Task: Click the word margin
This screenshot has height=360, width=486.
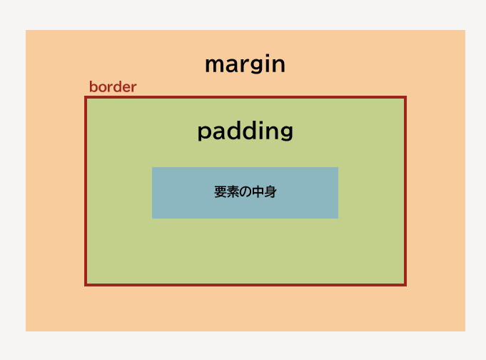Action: tap(245, 64)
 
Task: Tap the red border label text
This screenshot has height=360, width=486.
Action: tap(113, 87)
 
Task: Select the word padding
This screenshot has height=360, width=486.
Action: tap(245, 131)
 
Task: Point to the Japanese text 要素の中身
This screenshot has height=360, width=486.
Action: tap(245, 192)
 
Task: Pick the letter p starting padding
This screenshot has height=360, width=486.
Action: tap(203, 133)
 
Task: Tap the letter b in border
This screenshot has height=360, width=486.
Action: tap(94, 86)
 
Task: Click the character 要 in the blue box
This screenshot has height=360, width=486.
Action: tap(221, 192)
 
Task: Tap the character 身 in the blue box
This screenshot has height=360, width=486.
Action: tap(270, 192)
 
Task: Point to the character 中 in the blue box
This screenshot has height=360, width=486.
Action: tap(258, 192)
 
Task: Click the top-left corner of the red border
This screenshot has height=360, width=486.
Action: tap(85, 96)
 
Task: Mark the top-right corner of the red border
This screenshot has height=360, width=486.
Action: tap(406, 96)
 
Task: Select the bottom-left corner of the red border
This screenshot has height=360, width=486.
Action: tap(85, 286)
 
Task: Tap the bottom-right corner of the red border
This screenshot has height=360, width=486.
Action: tap(406, 286)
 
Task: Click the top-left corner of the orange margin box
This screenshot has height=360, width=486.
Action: tap(26, 30)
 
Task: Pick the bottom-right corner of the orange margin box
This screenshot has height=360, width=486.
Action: tap(465, 331)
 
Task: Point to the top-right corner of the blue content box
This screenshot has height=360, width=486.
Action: tap(338, 167)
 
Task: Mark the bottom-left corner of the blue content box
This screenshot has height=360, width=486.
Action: tap(152, 218)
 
